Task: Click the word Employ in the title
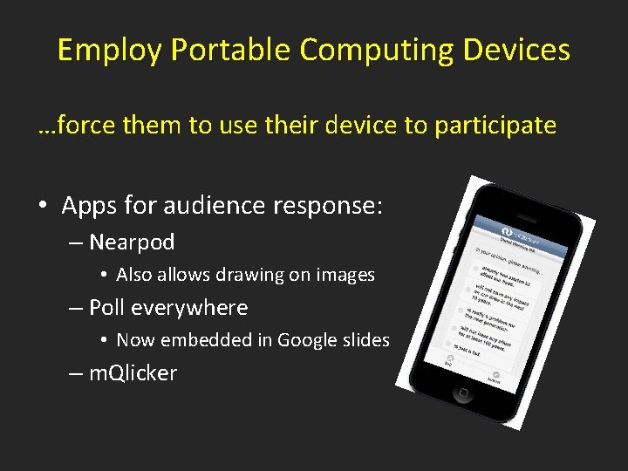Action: [110, 51]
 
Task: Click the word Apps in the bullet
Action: [90, 206]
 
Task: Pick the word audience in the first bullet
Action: [223, 206]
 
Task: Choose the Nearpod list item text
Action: [132, 242]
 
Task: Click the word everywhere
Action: [198, 308]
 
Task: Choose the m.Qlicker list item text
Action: [133, 373]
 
